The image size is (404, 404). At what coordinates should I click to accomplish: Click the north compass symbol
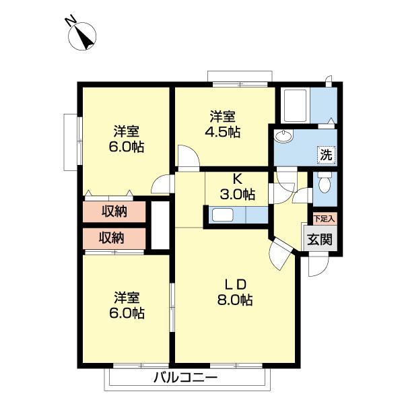point(82,36)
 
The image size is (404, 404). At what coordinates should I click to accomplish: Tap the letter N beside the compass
point(71,20)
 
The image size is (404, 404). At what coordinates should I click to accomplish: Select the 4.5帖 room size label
point(223,132)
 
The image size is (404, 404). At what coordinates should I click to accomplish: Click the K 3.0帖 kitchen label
point(237,187)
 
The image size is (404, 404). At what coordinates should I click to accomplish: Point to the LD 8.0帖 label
point(235,292)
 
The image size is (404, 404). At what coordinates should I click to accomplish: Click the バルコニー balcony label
point(186,378)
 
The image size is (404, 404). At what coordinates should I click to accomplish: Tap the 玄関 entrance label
point(319,240)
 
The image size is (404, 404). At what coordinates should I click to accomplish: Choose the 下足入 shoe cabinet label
point(325,220)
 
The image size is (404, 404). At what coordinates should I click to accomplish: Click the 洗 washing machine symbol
point(326,155)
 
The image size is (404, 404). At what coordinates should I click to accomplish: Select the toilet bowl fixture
point(325,182)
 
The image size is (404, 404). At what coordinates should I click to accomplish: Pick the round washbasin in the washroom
point(283,136)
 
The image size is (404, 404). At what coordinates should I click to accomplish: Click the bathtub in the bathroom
point(296,106)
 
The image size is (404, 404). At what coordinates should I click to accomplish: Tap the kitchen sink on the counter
point(223,215)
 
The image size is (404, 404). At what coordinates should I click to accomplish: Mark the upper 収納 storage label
point(114,212)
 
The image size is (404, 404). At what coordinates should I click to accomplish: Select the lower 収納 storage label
point(111,238)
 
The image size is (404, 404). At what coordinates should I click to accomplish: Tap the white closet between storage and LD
point(160,225)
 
